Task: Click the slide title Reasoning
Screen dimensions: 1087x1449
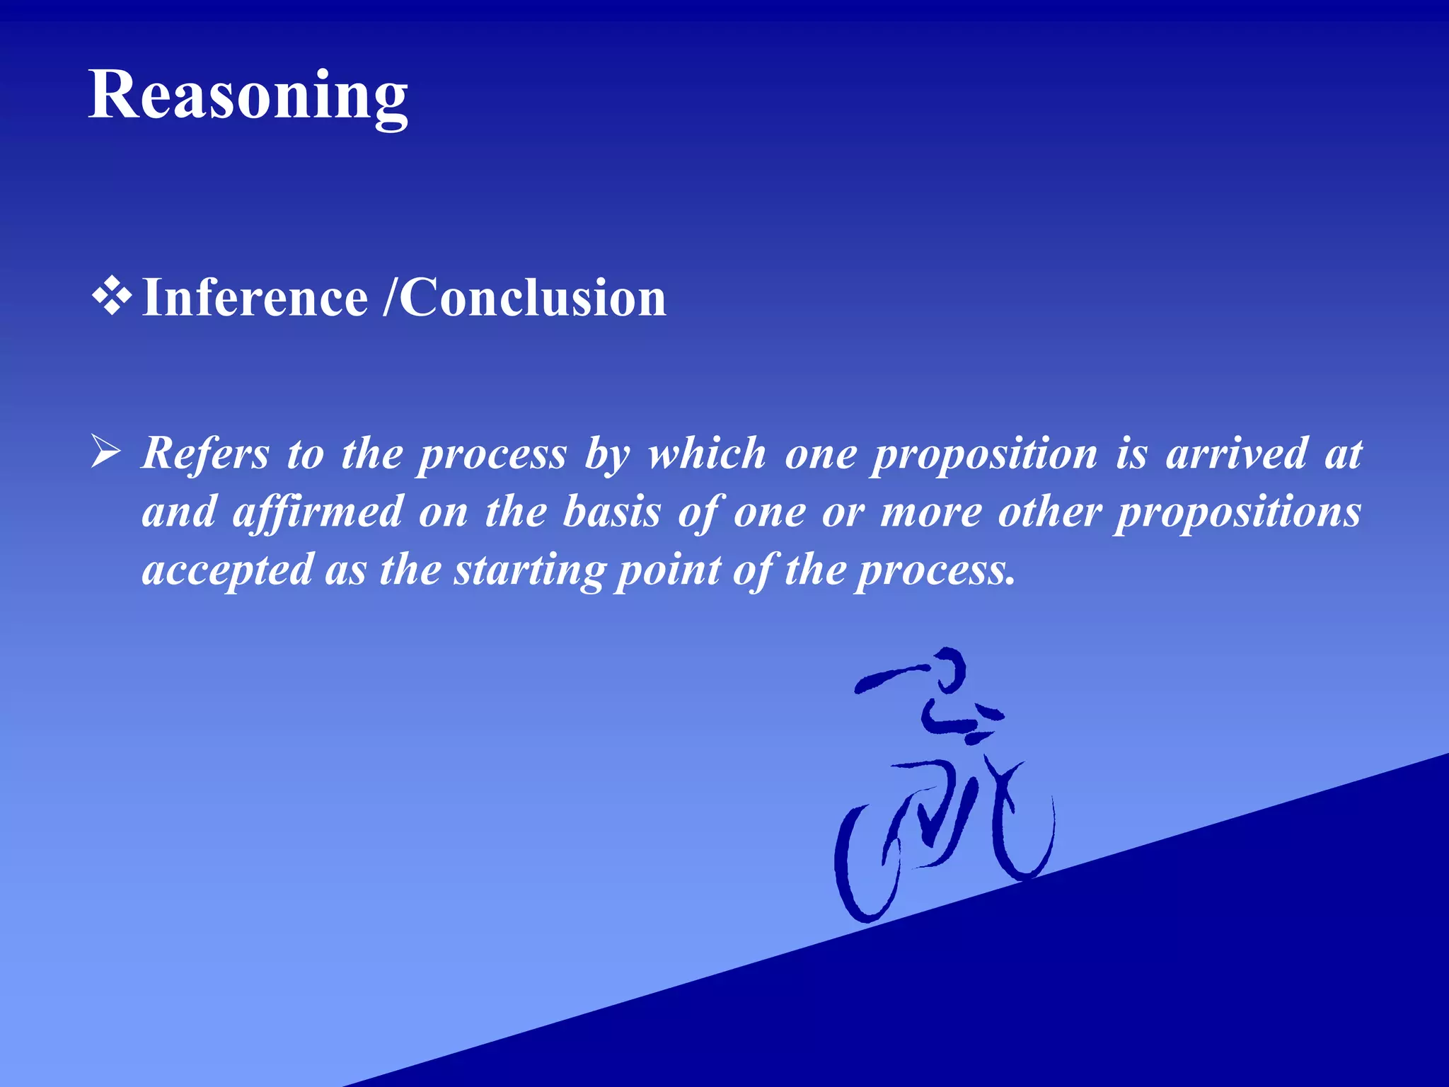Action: point(248,96)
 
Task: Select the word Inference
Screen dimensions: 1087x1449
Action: point(255,298)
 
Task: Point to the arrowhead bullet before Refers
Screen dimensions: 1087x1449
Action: point(106,452)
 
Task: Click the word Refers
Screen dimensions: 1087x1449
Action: point(205,453)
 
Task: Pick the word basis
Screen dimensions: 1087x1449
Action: point(611,512)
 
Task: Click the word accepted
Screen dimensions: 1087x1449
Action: point(227,570)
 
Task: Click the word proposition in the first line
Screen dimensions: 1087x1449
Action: point(984,454)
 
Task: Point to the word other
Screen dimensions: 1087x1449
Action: point(1050,512)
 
